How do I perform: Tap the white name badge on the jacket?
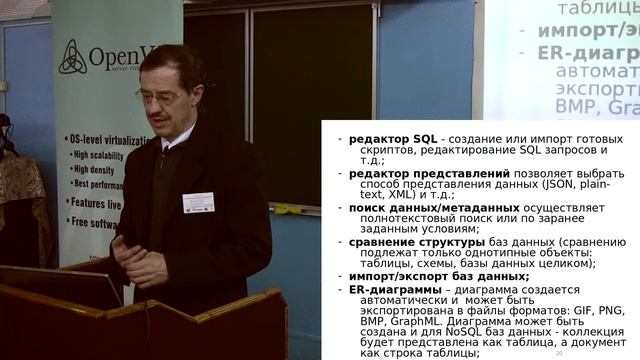pos(198,202)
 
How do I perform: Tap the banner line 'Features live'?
pos(95,203)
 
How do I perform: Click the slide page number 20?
pos(558,353)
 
